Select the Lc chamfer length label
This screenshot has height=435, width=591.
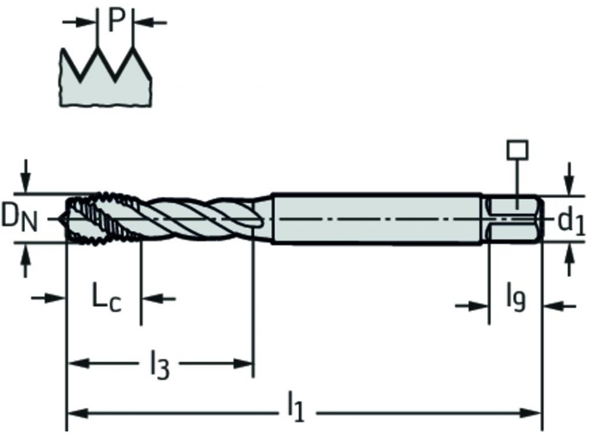[x=106, y=298]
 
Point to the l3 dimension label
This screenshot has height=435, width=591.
[x=158, y=365]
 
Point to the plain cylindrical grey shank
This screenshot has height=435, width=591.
[x=378, y=218]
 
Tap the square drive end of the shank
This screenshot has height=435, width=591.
[x=513, y=218]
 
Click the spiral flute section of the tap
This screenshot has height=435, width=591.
[x=201, y=217]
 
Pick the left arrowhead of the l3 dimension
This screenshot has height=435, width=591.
[x=74, y=362]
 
